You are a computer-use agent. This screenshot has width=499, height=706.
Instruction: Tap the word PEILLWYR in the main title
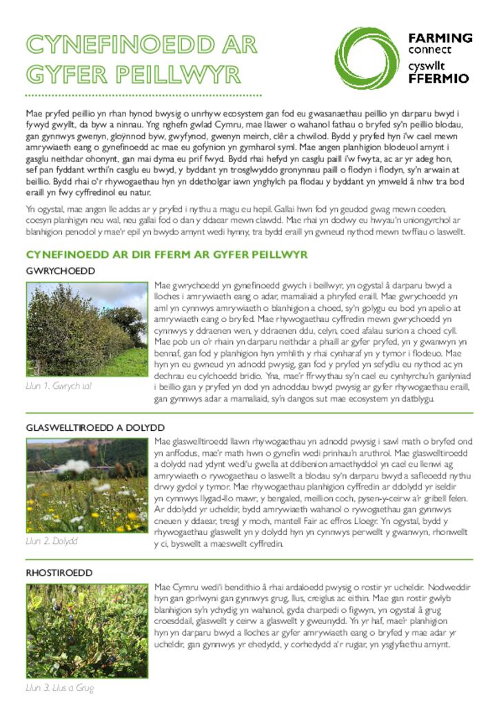click(180, 74)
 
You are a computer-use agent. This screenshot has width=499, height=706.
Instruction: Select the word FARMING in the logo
click(440, 38)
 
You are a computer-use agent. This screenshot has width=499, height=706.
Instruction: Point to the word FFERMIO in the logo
click(438, 78)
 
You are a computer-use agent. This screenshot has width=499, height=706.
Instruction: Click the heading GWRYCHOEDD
click(61, 271)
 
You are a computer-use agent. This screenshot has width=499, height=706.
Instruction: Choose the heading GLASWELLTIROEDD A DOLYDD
click(95, 427)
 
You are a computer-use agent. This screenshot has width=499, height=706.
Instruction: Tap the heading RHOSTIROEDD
click(59, 573)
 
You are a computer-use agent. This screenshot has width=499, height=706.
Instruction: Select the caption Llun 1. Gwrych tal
click(59, 386)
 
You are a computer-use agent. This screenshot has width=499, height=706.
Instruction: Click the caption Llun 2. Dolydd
click(52, 541)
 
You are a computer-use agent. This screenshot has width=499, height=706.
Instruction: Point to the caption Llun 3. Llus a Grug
click(60, 687)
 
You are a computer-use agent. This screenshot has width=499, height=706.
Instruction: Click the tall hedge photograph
click(86, 330)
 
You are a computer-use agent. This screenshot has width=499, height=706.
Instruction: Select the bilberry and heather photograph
click(86, 631)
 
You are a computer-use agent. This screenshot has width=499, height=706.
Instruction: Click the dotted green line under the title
click(143, 94)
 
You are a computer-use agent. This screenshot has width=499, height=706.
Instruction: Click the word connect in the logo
click(429, 50)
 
